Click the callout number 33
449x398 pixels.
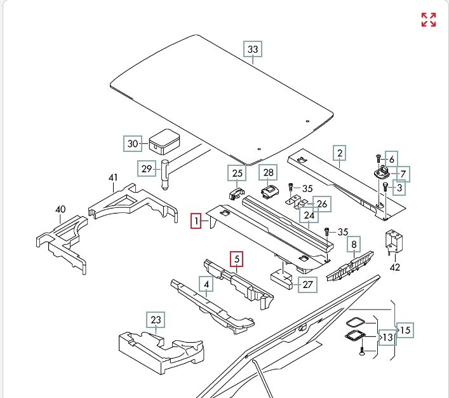(x=253, y=50)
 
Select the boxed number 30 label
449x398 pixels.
(x=132, y=144)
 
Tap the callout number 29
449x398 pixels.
(x=147, y=169)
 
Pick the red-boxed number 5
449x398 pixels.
(x=237, y=259)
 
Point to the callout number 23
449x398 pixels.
(x=156, y=320)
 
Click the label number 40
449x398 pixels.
(x=60, y=209)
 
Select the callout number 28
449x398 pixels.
(x=268, y=173)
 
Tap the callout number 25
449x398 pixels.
(x=237, y=173)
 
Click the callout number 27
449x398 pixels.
(x=308, y=284)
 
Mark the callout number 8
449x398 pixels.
(x=353, y=244)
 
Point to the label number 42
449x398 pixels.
(x=395, y=267)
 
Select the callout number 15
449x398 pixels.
(x=405, y=330)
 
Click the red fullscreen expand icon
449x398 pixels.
(x=429, y=20)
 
